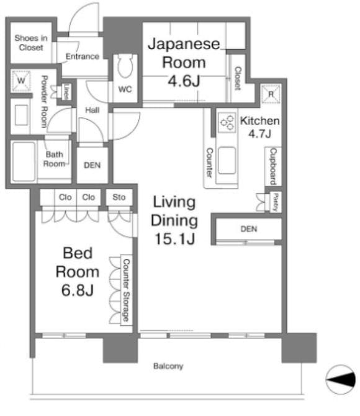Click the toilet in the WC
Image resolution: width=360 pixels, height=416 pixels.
pyautogui.click(x=125, y=66)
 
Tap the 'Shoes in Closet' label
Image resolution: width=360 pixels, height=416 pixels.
pyautogui.click(x=31, y=43)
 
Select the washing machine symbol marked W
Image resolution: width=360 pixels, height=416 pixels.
pyautogui.click(x=21, y=80)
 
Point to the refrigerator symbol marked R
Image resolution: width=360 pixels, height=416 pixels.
pyautogui.click(x=271, y=94)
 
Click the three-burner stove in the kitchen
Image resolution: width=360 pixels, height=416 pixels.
pyautogui.click(x=227, y=122)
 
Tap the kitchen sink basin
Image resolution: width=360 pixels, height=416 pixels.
pyautogui.click(x=227, y=161)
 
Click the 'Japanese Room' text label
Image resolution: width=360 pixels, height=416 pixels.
pyautogui.click(x=184, y=53)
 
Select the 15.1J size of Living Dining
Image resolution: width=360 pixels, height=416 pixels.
pyautogui.click(x=175, y=239)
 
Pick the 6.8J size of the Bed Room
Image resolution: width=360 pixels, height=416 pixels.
pyautogui.click(x=78, y=290)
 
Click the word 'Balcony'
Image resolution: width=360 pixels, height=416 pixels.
pyautogui.click(x=168, y=366)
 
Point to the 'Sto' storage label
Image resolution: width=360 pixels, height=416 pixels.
pyautogui.click(x=119, y=197)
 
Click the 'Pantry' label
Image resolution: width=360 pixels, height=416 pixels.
pyautogui.click(x=276, y=202)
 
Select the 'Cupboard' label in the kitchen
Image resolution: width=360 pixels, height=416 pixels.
pyautogui.click(x=273, y=166)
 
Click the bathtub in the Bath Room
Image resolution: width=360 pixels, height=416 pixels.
pyautogui.click(x=24, y=162)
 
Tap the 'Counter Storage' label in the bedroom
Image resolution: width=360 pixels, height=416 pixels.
pyautogui.click(x=126, y=290)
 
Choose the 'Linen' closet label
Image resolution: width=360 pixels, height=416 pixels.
pyautogui.click(x=66, y=92)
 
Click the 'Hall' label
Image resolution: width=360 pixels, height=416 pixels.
pyautogui.click(x=92, y=110)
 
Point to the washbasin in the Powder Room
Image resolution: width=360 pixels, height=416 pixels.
pyautogui.click(x=21, y=115)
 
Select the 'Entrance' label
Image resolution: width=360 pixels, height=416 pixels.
pyautogui.click(x=83, y=57)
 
